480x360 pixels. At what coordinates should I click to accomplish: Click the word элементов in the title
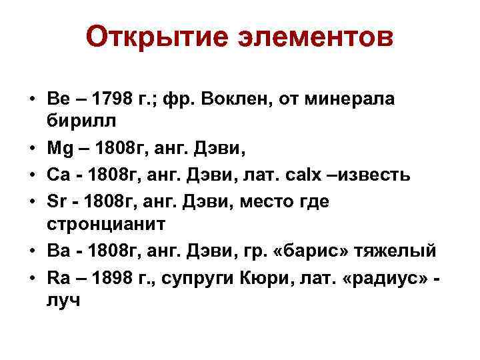tap(313, 38)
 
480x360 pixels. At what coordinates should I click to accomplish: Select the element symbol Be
tap(57, 99)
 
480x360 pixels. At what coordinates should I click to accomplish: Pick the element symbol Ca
tap(58, 175)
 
